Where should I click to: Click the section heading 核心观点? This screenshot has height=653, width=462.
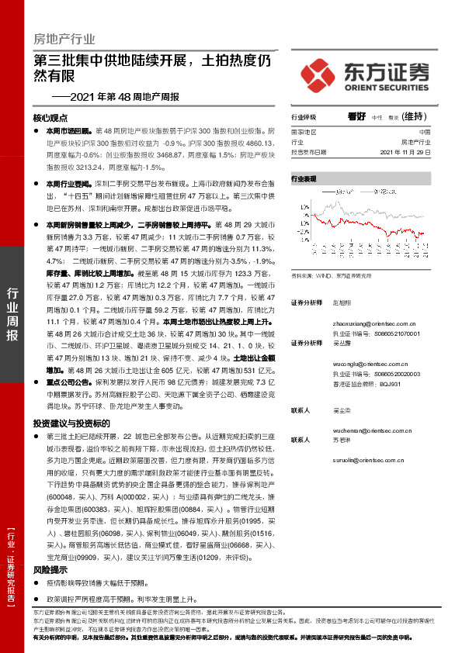pos(50,118)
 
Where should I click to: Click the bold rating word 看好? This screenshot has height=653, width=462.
pos(357,116)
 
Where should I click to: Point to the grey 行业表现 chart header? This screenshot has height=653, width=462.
pos(304,179)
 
